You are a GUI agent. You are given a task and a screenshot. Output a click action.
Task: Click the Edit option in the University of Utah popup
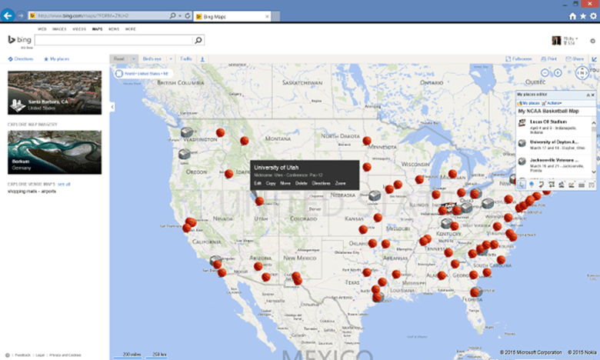(258, 184)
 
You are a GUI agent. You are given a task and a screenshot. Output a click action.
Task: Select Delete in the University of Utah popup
(301, 184)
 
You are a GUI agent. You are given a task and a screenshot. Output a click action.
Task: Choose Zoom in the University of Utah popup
(340, 184)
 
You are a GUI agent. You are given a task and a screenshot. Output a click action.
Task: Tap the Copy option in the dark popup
(271, 184)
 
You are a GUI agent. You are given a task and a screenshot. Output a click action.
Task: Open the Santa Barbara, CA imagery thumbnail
(54, 92)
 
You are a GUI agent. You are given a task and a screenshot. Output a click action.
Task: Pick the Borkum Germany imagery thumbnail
(54, 152)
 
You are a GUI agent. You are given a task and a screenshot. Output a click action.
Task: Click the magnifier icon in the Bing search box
(198, 40)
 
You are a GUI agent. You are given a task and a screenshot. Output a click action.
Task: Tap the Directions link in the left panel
(22, 58)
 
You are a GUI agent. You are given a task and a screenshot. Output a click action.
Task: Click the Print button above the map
(549, 58)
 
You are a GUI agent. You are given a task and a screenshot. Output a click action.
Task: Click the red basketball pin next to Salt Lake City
(260, 202)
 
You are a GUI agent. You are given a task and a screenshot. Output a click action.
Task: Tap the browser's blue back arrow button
(9, 15)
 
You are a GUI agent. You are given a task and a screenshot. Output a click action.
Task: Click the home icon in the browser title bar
(572, 15)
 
